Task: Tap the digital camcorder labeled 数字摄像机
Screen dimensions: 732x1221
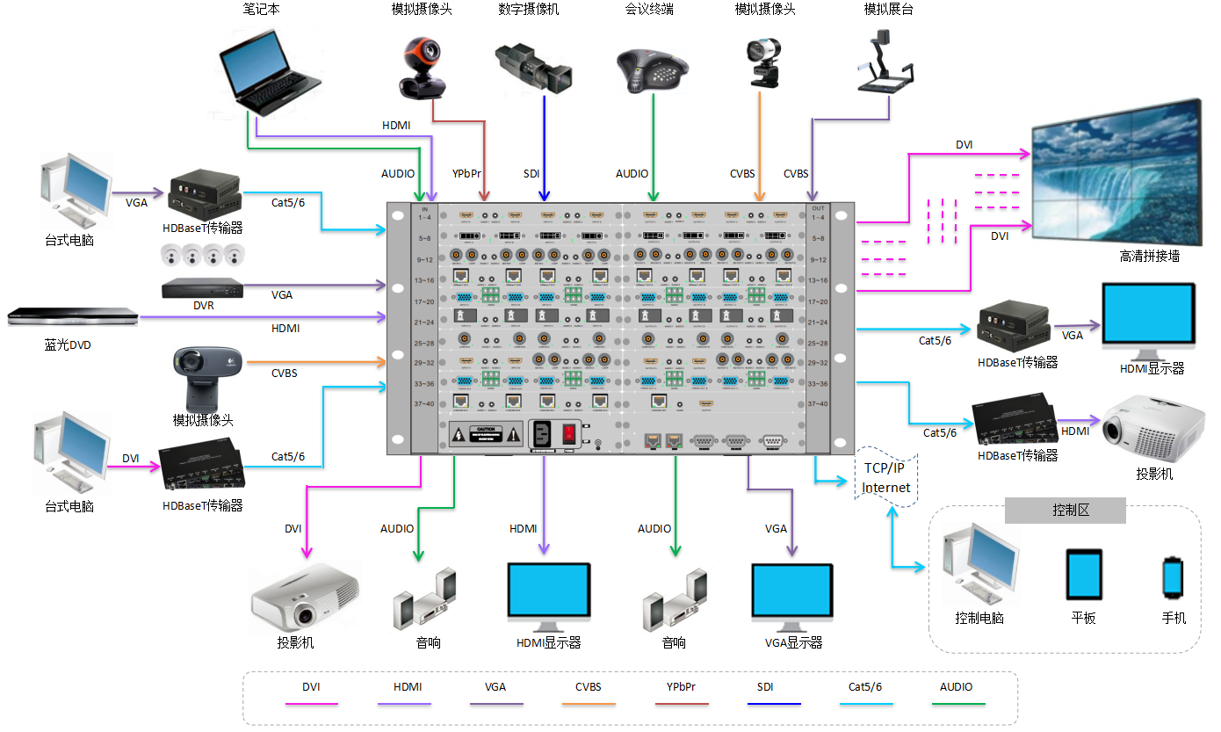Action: coord(534,69)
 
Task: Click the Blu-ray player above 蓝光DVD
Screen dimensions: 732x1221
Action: coord(73,316)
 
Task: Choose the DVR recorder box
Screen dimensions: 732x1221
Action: coord(202,287)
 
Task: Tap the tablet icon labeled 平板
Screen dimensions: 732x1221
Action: coord(1083,575)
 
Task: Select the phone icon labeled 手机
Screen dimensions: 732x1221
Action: coord(1173,577)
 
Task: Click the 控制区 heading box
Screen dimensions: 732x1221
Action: coord(1065,511)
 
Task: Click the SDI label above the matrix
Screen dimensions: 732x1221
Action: coord(531,174)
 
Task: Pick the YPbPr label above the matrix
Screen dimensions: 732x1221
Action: coord(466,174)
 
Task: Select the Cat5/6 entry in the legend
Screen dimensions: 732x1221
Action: coord(865,687)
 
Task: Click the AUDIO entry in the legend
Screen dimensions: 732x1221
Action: coord(957,687)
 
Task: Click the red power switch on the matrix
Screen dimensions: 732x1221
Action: coord(569,432)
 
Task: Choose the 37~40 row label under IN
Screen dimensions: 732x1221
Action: coord(424,403)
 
